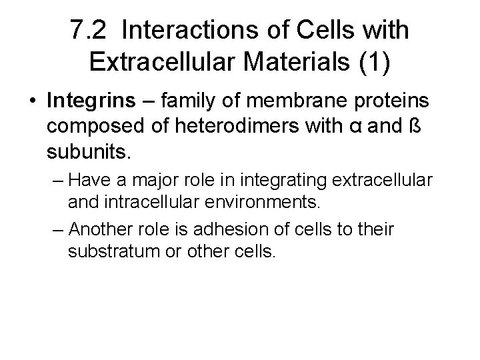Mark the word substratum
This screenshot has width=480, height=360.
113,253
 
